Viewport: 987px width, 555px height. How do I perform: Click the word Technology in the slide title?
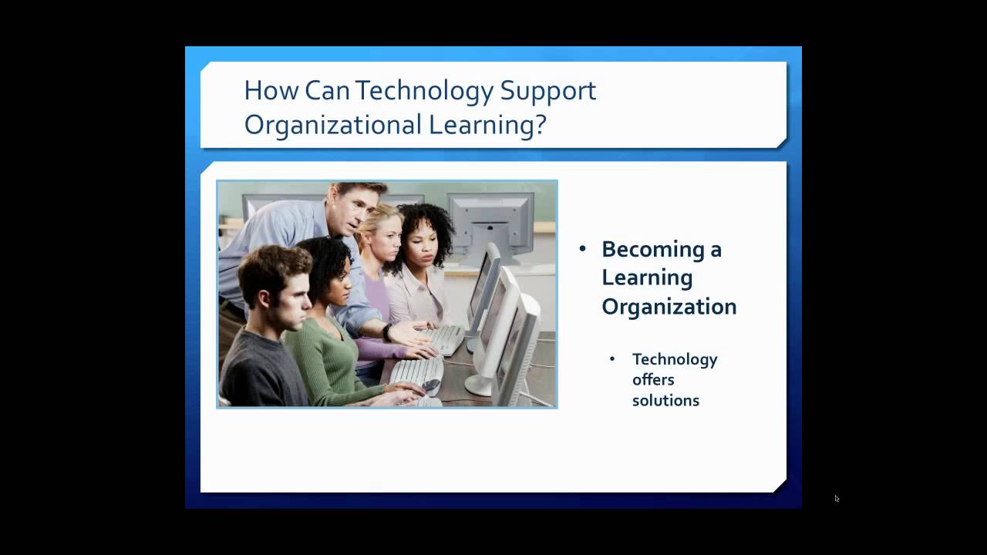tap(424, 92)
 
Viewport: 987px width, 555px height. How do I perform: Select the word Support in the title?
tap(548, 92)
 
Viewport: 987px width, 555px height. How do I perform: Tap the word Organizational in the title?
tap(332, 126)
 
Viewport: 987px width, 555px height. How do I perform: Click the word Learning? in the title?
tap(487, 126)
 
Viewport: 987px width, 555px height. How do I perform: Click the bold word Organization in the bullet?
tap(669, 307)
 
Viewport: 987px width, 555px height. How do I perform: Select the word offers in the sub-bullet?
tap(653, 380)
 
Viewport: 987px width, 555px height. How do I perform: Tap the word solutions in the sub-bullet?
tap(665, 400)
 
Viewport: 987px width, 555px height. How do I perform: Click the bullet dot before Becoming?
tap(582, 249)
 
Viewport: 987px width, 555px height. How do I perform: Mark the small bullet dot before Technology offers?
tap(612, 358)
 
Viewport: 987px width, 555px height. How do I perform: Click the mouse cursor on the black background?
tap(837, 499)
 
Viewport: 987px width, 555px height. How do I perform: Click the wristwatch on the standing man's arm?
tap(387, 332)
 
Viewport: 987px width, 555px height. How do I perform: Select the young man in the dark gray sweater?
tap(269, 331)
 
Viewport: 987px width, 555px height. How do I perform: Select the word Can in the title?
tap(327, 91)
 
